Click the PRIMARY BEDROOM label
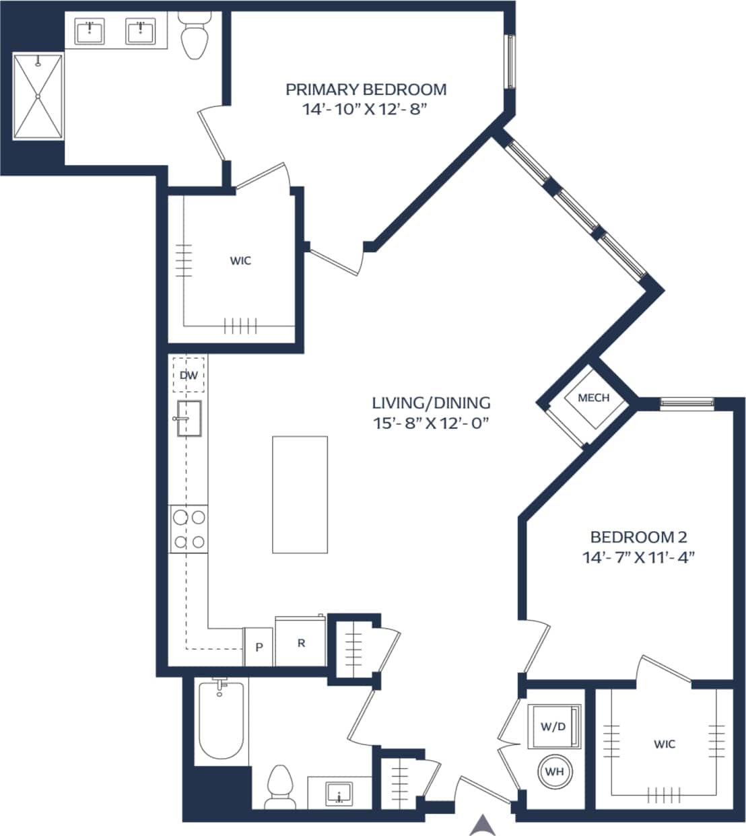point(366,90)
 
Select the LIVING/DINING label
point(431,403)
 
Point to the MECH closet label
point(593,398)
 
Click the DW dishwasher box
point(189,375)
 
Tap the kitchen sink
point(189,418)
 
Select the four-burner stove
point(189,529)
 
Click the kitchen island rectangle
point(300,494)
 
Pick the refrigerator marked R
point(301,643)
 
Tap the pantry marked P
point(259,647)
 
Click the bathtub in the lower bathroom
point(221,722)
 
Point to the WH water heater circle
point(554,772)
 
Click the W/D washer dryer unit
point(553,726)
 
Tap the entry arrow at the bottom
point(481,825)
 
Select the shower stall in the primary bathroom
point(38,96)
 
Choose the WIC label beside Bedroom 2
point(664,744)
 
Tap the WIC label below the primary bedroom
point(240,260)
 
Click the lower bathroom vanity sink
point(339,792)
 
